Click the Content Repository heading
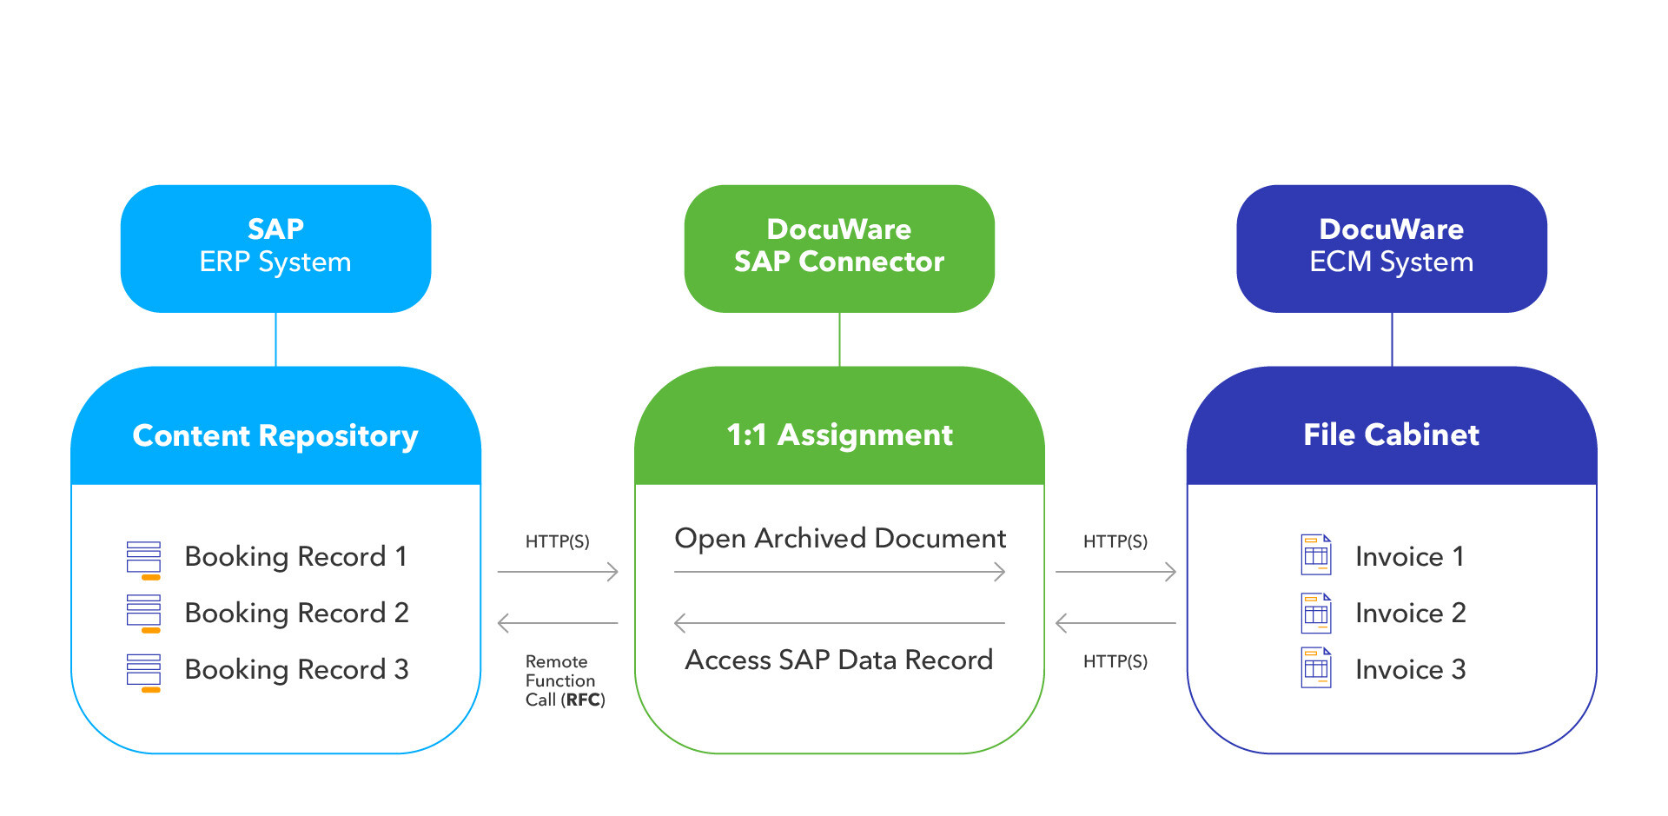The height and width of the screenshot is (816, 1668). [275, 435]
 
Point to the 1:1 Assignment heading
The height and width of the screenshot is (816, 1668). [839, 435]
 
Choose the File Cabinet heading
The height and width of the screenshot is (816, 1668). [1391, 435]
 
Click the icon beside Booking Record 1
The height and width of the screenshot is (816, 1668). [143, 559]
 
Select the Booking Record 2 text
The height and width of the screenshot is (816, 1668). [296, 613]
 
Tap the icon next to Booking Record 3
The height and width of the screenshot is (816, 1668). [143, 672]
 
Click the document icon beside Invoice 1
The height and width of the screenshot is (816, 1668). [1315, 555]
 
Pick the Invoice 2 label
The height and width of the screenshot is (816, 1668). [1410, 613]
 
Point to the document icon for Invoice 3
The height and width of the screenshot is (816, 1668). [1315, 668]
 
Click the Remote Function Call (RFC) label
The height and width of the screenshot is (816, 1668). [564, 680]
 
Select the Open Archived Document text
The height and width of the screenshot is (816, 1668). [839, 538]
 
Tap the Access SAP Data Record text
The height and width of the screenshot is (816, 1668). [839, 660]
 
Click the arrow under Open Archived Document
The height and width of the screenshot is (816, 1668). [839, 572]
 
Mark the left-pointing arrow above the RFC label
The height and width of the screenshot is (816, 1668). [557, 623]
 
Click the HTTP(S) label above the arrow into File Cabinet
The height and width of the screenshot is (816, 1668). [1115, 541]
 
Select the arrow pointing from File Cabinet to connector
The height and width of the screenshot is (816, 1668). [1115, 623]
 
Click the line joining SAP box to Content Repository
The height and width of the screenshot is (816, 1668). [275, 339]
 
